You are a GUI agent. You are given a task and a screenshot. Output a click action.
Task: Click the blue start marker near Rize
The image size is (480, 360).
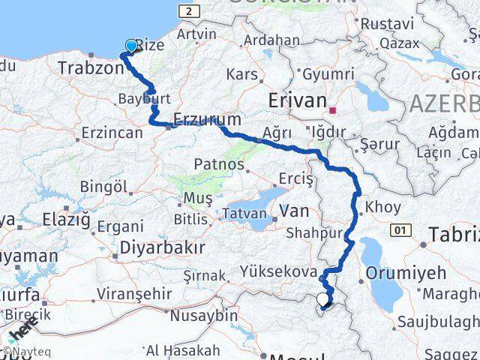132,46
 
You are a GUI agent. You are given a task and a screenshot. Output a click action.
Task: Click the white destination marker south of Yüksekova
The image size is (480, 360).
323,300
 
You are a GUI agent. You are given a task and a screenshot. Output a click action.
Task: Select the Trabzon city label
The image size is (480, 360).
91,69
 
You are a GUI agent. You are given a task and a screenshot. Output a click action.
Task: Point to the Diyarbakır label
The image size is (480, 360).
163,247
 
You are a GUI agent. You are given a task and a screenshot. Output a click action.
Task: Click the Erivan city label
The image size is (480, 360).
298,101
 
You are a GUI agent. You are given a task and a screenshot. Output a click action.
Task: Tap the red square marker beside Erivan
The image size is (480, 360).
332,109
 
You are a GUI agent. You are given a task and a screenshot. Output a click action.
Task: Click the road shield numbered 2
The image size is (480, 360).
189,11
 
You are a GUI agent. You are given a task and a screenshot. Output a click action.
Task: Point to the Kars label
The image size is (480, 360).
242,76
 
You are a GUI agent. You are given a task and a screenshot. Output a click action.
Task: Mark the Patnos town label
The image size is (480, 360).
219,164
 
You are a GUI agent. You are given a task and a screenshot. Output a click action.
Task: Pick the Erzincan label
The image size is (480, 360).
112,133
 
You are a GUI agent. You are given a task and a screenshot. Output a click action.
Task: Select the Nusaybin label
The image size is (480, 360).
198,315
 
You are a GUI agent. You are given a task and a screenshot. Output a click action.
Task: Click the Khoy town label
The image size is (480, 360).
383,207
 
